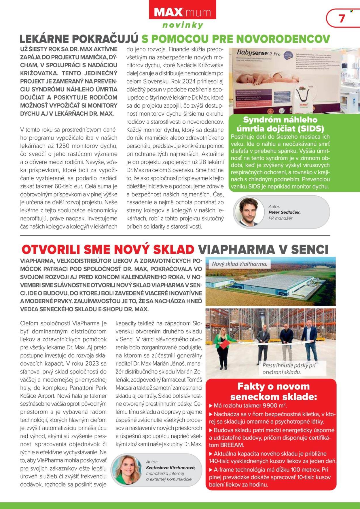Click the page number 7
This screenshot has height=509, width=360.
[342, 18]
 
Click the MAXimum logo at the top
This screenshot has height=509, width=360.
[182, 13]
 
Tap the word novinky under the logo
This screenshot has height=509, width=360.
[183, 25]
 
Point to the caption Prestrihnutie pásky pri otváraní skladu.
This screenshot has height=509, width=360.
[285, 369]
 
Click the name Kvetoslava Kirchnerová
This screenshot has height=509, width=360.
[171, 468]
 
